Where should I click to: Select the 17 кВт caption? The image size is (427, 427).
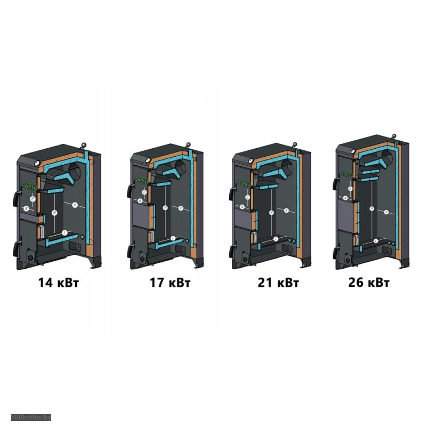click(x=170, y=283)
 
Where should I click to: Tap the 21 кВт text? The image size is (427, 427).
click(x=278, y=283)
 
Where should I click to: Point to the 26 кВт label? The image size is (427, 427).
click(x=368, y=283)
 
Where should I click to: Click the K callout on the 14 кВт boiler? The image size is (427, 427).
click(x=75, y=205)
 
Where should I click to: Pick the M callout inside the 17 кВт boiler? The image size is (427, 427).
click(x=166, y=208)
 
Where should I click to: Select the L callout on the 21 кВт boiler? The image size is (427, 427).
click(x=276, y=238)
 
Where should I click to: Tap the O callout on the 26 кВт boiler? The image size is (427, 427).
click(x=350, y=188)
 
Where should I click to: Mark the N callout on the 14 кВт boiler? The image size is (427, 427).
click(x=26, y=208)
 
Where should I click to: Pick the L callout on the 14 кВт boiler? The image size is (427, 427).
click(x=65, y=233)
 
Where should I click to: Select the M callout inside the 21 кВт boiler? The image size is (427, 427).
click(x=271, y=211)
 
